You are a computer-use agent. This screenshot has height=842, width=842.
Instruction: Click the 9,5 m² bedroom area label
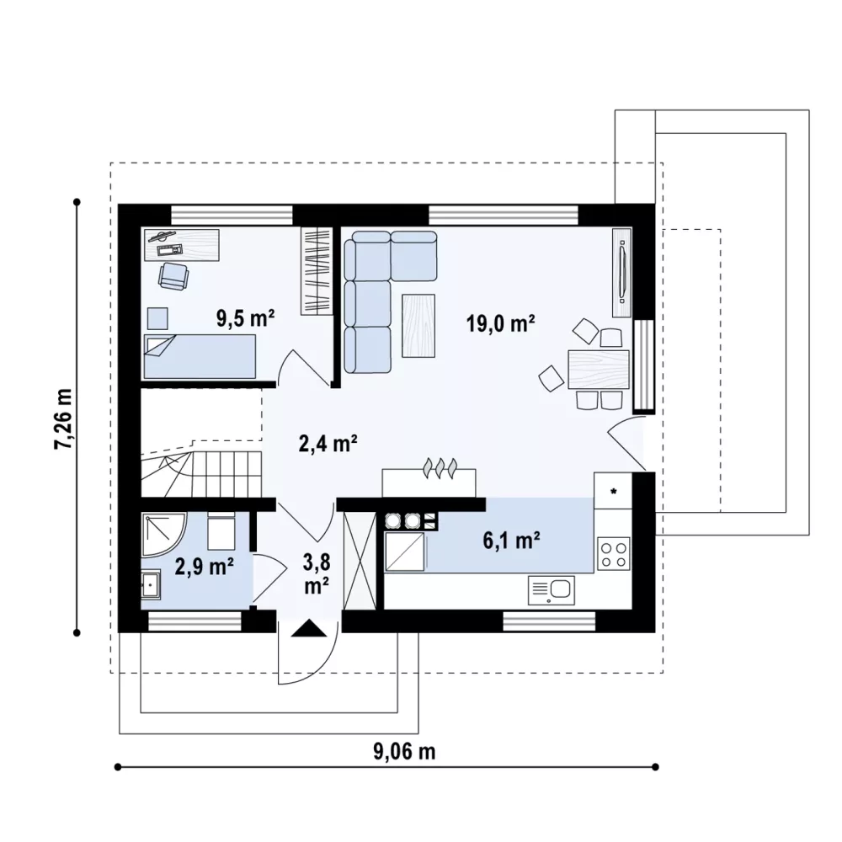pos(245,318)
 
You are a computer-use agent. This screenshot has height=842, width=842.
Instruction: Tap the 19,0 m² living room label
pos(500,324)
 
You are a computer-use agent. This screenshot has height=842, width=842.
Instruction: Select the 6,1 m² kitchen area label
pos(511,541)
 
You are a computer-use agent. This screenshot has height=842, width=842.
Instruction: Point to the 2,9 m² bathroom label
pos(204,567)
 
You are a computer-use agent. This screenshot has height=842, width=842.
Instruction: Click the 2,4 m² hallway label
pos(328,444)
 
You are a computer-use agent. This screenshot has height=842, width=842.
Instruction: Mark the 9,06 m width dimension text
pos(404,752)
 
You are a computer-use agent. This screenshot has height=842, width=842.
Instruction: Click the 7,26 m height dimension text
pos(63,418)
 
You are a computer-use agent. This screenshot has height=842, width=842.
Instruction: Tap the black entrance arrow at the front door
pos(309,628)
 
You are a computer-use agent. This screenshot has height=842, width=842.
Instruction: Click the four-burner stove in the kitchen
pos(614,555)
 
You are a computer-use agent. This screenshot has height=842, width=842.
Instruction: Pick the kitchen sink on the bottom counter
pos(552,590)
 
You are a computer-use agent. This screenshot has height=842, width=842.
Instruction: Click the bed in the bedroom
pos(200,357)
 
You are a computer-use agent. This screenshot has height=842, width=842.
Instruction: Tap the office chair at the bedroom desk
pos(173,276)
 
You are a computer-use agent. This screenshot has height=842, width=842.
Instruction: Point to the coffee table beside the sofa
pos(418,325)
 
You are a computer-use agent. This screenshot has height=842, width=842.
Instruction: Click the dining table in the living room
pos(598,369)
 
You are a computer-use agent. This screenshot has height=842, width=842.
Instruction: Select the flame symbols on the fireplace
pos(440,467)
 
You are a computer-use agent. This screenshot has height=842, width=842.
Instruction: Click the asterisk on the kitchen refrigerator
pos(613,491)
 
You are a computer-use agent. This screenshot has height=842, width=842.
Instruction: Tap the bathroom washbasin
pos(151,584)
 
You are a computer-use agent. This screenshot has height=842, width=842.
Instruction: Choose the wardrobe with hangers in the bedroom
pos(317,271)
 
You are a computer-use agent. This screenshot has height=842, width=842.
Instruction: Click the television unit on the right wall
pos(622,272)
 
